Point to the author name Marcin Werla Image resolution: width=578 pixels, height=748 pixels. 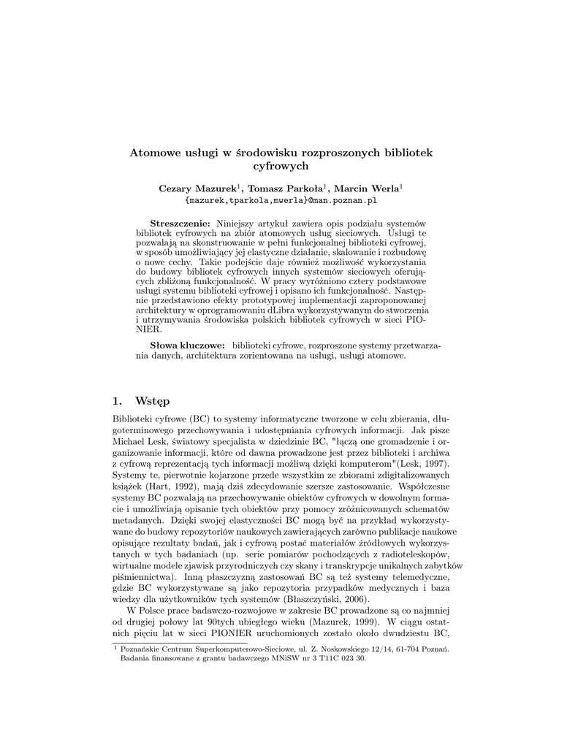tap(369, 188)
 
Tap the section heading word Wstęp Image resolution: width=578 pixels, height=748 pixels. tap(152, 400)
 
